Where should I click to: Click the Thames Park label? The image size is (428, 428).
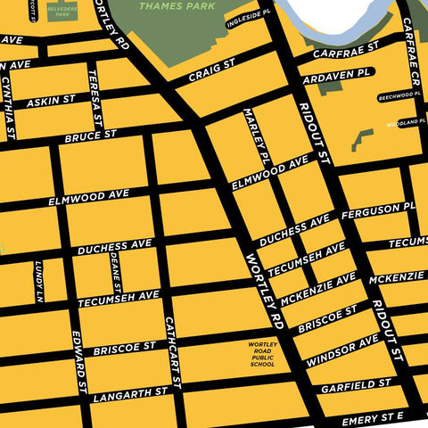coord(178,5)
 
